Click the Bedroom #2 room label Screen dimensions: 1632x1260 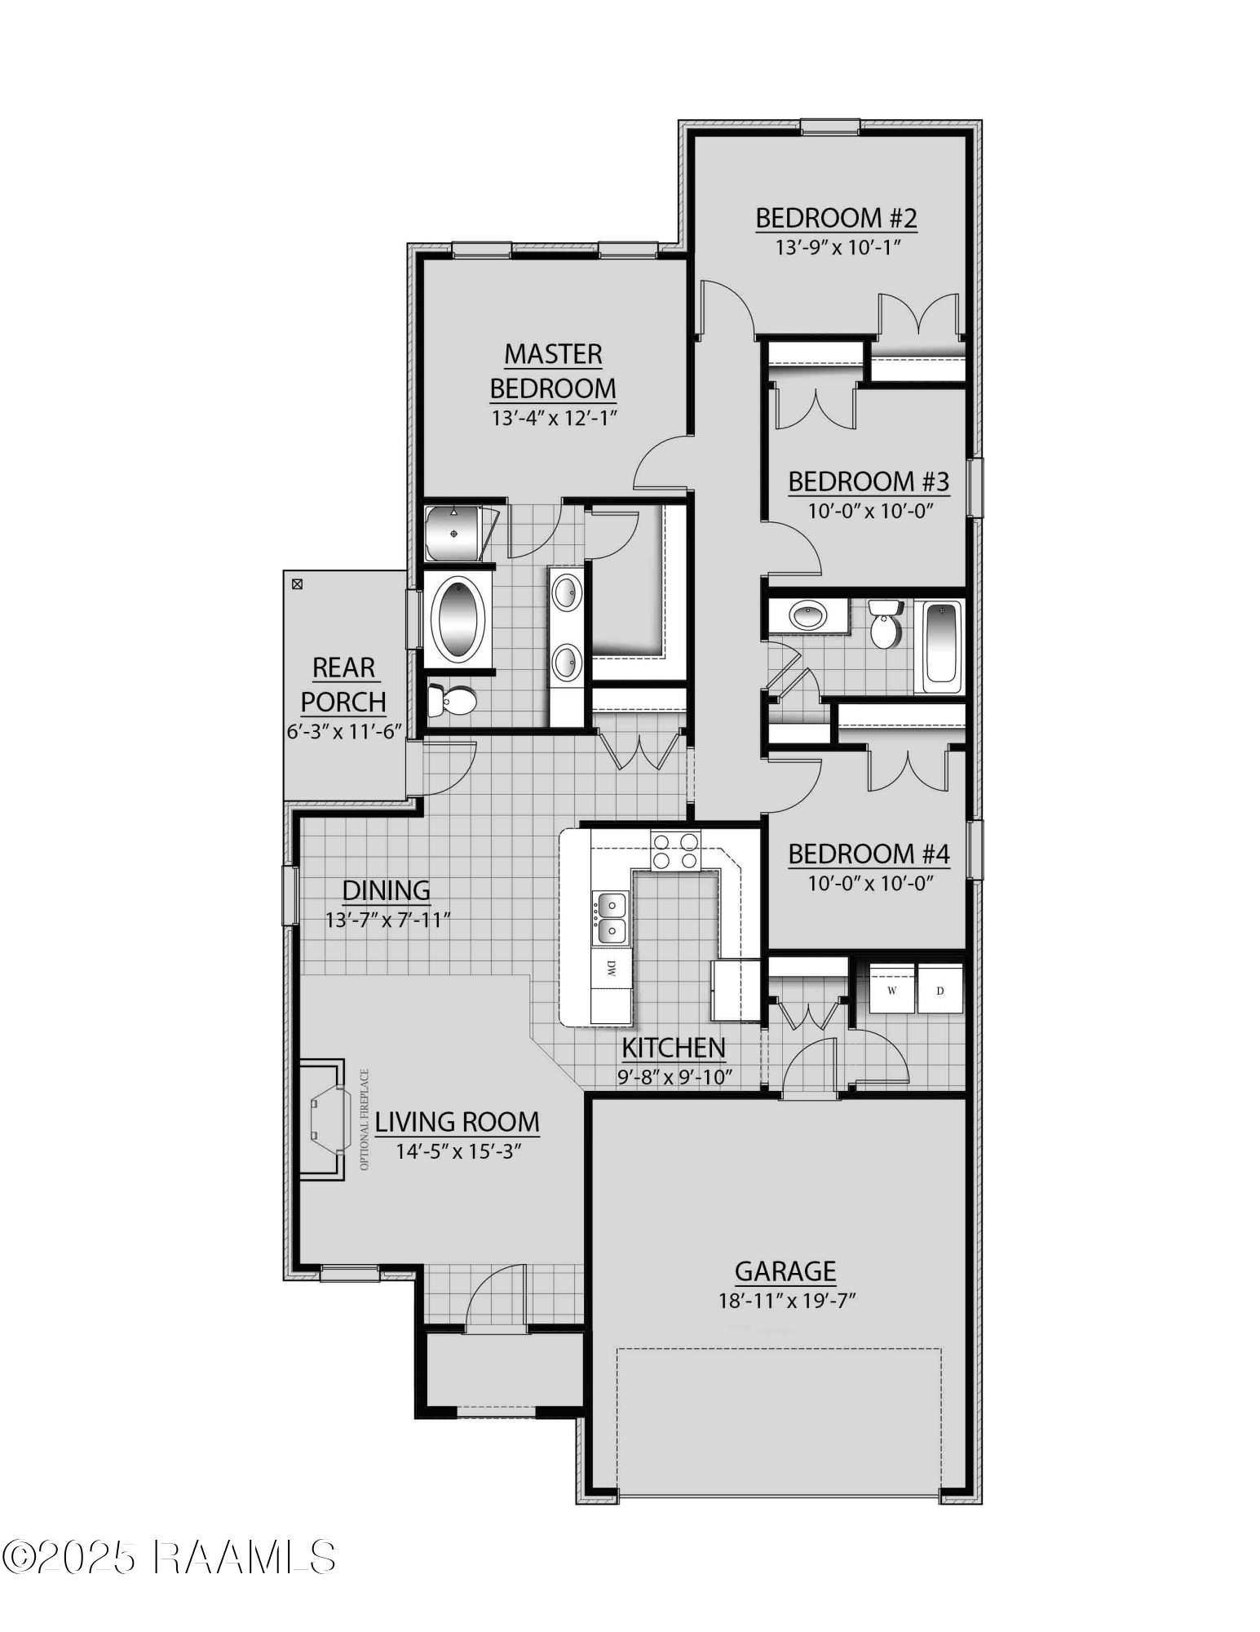pyautogui.click(x=836, y=219)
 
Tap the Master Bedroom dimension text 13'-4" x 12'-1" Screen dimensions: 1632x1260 pyautogui.click(x=554, y=419)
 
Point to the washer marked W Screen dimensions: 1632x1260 pyautogui.click(x=891, y=990)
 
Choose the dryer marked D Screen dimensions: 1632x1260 pyautogui.click(x=939, y=990)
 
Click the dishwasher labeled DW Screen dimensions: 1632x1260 pyautogui.click(x=611, y=969)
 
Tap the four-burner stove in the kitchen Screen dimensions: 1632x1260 pyautogui.click(x=674, y=850)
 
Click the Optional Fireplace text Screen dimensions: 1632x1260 pyautogui.click(x=365, y=1120)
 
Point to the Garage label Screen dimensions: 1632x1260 pyautogui.click(x=785, y=1271)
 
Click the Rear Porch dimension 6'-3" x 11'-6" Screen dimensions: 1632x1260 pyautogui.click(x=344, y=731)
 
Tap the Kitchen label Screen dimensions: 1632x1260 pyautogui.click(x=674, y=1048)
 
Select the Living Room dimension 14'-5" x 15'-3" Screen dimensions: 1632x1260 pyautogui.click(x=458, y=1151)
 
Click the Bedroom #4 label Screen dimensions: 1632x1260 pyautogui.click(x=869, y=854)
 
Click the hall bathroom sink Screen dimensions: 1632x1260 pyautogui.click(x=807, y=614)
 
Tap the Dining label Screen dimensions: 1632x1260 pyautogui.click(x=386, y=890)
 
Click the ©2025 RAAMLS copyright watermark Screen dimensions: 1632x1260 pyautogui.click(x=169, y=1557)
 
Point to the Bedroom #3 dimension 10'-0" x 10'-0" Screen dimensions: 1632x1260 pyautogui.click(x=869, y=511)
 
